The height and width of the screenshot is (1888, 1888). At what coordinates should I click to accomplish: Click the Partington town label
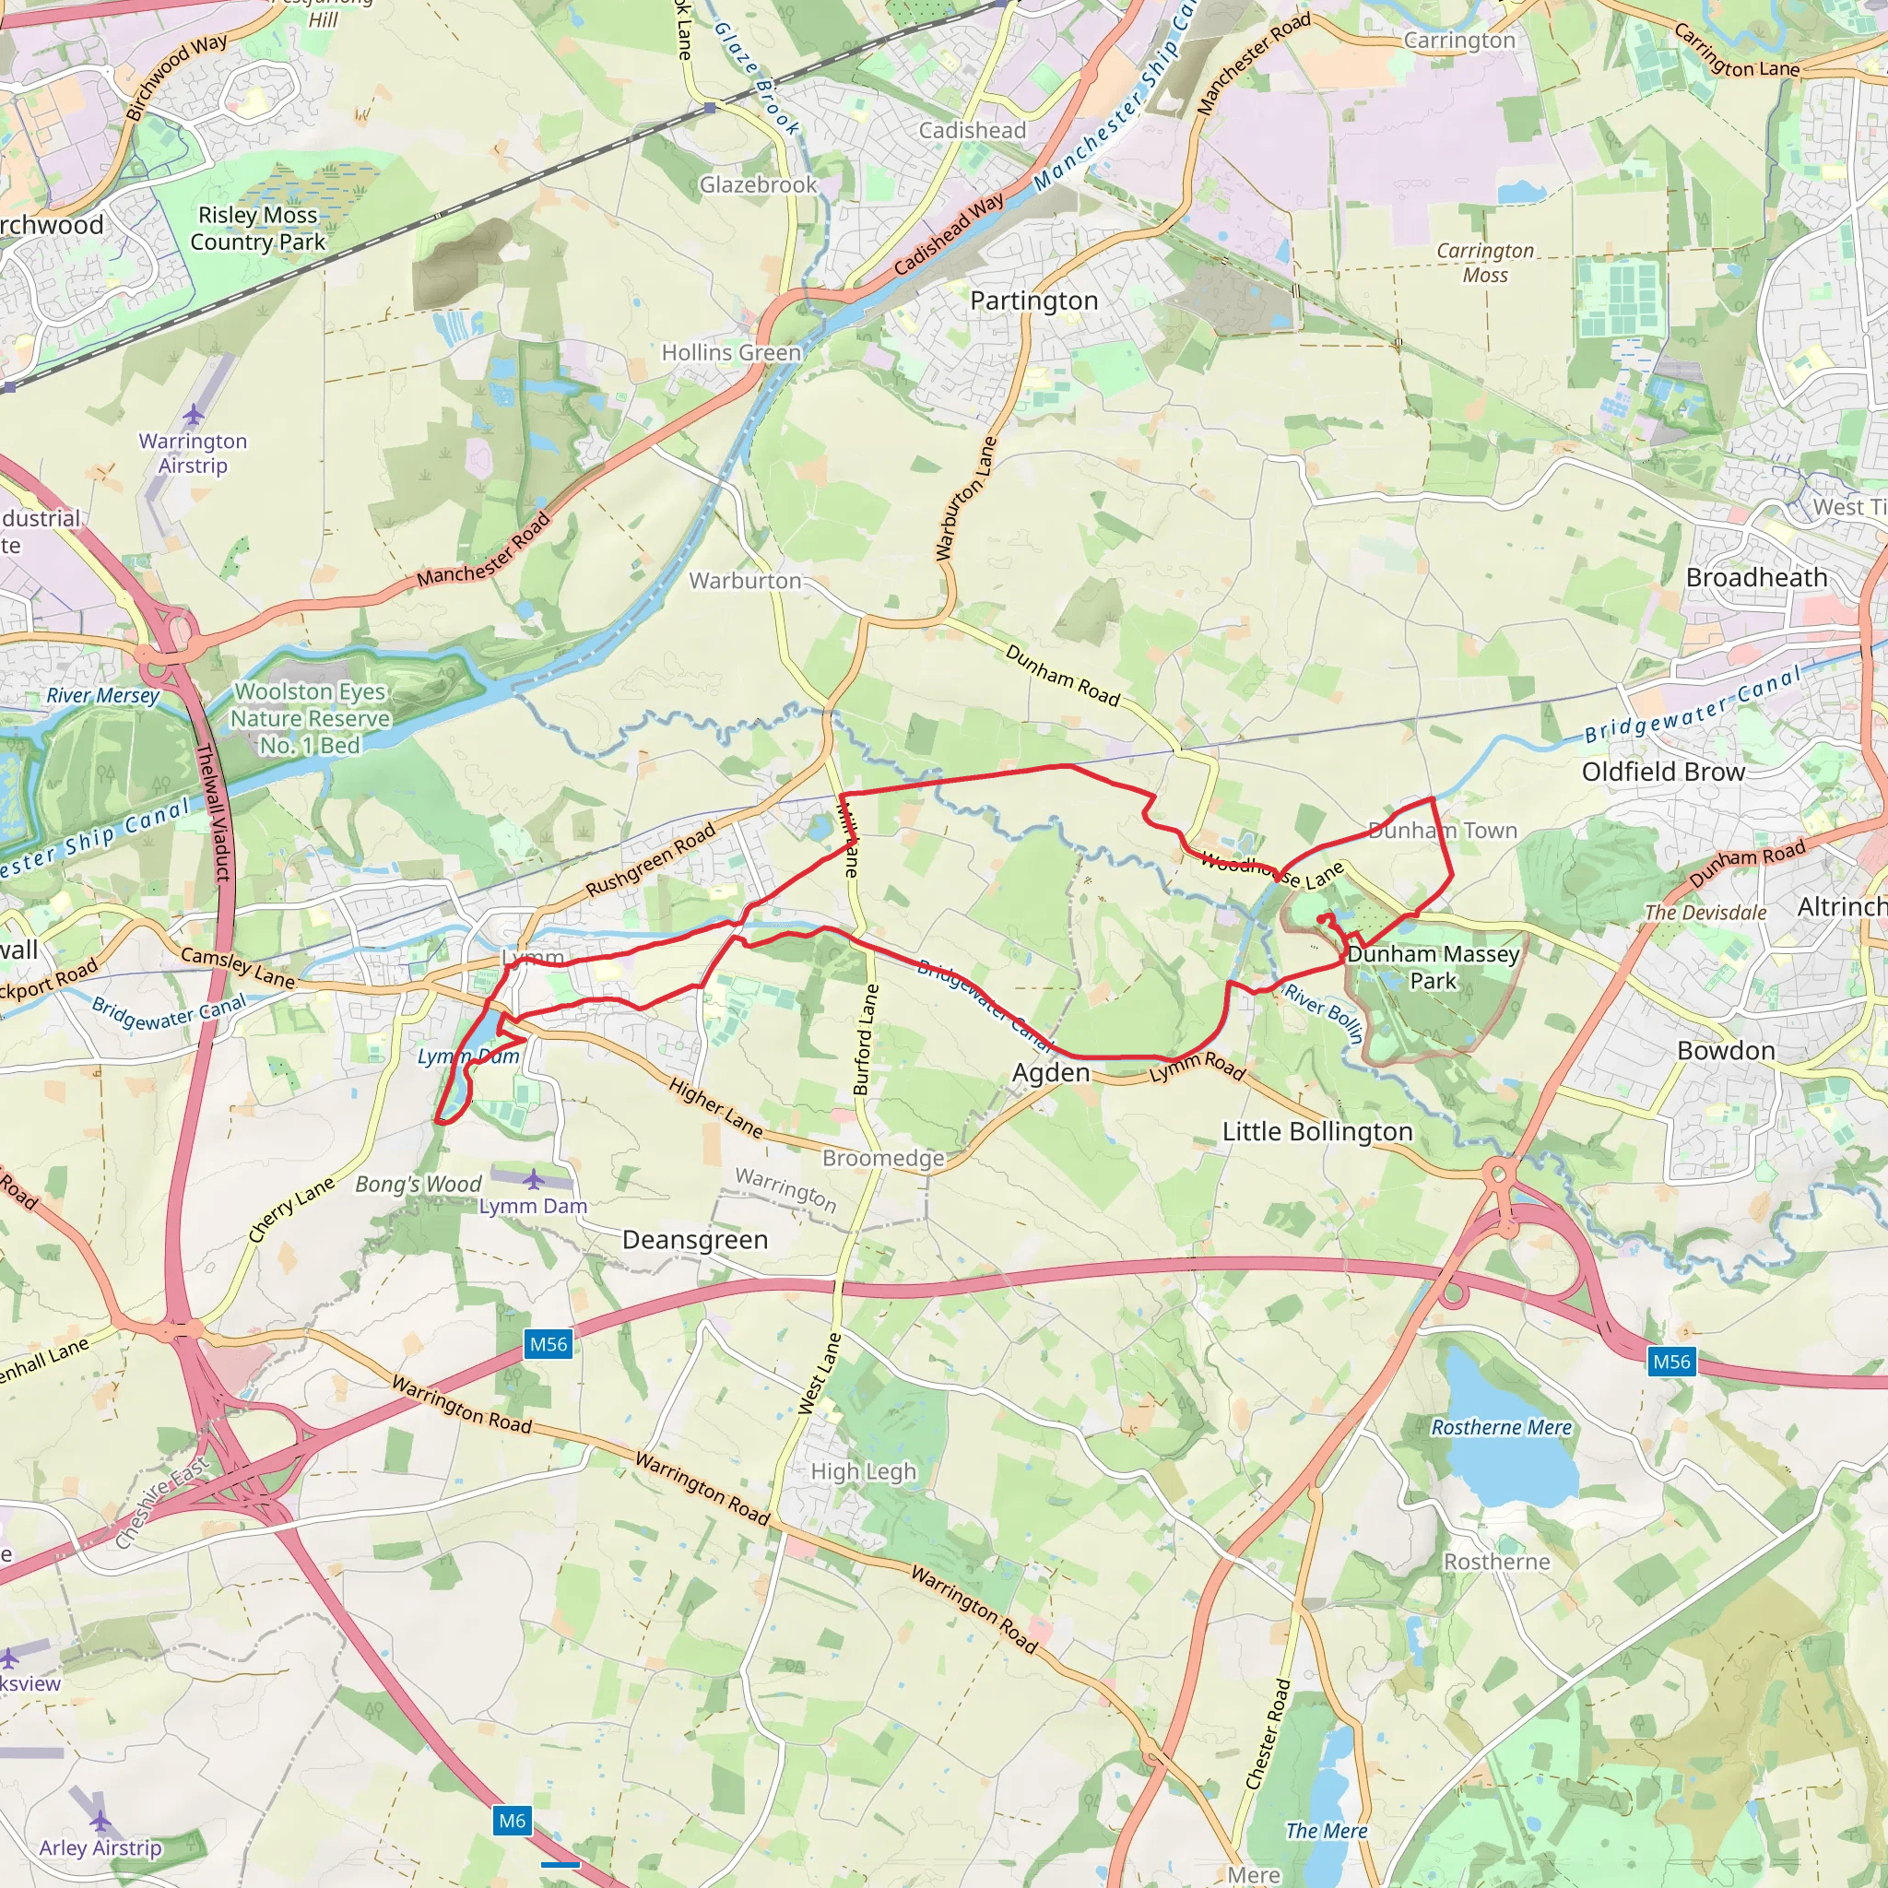pyautogui.click(x=1034, y=301)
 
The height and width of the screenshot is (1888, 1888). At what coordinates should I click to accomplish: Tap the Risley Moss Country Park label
pyautogui.click(x=258, y=229)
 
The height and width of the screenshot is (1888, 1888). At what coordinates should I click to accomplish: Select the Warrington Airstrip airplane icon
pyautogui.click(x=194, y=417)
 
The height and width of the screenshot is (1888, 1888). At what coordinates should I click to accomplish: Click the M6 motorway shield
pyautogui.click(x=512, y=1821)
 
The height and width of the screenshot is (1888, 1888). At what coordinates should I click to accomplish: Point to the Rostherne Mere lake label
pyautogui.click(x=1501, y=1428)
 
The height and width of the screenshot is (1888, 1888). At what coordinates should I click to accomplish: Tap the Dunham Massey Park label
pyautogui.click(x=1433, y=966)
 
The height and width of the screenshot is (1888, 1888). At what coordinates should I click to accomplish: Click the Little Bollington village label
pyautogui.click(x=1317, y=1132)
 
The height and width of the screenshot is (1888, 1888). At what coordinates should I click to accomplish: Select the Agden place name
pyautogui.click(x=1051, y=1073)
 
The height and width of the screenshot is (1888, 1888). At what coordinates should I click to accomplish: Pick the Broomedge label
pyautogui.click(x=883, y=1159)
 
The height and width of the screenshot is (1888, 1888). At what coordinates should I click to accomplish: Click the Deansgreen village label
pyautogui.click(x=695, y=1240)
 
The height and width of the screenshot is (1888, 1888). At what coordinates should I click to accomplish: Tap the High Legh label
pyautogui.click(x=864, y=1471)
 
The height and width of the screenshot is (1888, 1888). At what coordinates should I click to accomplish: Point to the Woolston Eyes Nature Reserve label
pyautogui.click(x=310, y=718)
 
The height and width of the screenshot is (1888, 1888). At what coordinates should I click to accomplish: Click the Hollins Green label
pyautogui.click(x=731, y=353)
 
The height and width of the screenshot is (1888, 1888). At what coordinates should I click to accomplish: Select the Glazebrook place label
pyautogui.click(x=759, y=184)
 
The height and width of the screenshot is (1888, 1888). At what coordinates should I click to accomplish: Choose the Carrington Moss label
pyautogui.click(x=1484, y=263)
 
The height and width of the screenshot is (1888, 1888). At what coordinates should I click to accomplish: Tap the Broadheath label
pyautogui.click(x=1756, y=577)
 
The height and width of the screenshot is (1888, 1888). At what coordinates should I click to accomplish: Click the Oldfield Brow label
pyautogui.click(x=1663, y=772)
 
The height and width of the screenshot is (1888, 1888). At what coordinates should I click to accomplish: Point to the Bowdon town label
pyautogui.click(x=1726, y=1051)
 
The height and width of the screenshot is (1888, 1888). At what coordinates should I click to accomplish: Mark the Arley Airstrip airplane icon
pyautogui.click(x=100, y=1821)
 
